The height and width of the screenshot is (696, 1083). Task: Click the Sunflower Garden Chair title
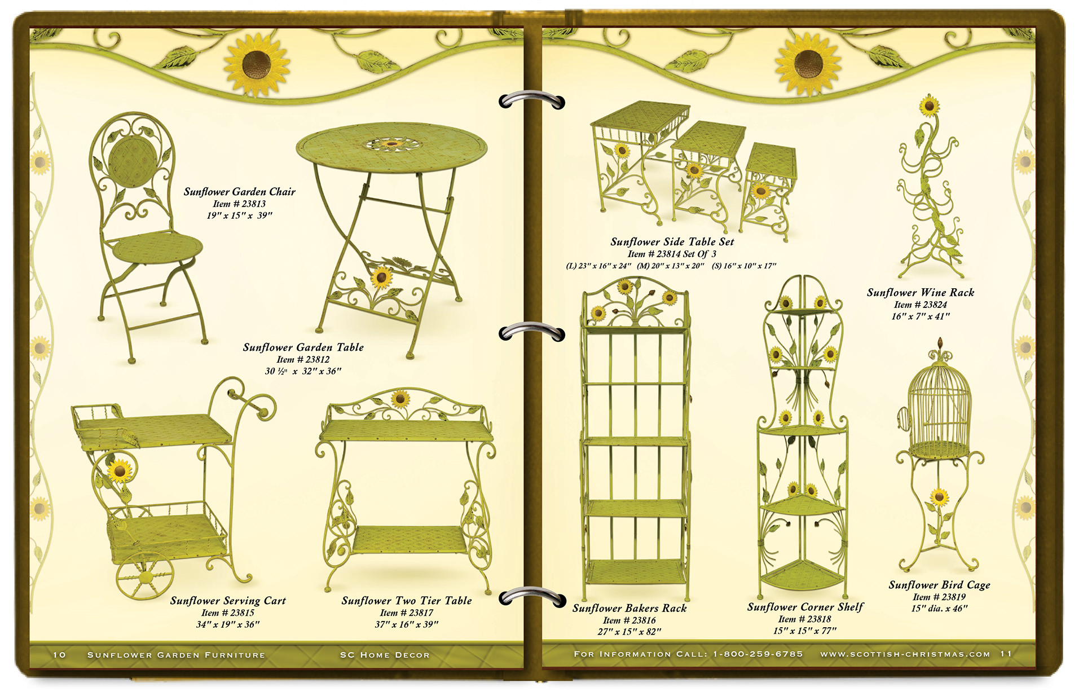(239, 192)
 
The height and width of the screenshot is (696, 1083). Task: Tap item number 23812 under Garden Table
(303, 359)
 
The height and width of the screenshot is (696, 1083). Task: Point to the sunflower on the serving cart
(119, 470)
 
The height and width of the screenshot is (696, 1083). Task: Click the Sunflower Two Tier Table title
(406, 601)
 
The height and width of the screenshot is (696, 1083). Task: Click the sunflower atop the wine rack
(928, 105)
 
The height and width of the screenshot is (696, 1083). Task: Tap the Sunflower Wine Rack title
(920, 292)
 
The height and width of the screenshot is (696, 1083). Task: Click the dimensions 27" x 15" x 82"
(629, 632)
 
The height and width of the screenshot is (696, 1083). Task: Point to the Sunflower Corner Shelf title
(805, 607)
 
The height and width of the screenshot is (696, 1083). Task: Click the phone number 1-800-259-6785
(758, 654)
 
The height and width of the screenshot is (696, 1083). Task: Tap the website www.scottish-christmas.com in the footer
(905, 654)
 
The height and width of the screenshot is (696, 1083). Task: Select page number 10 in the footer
(59, 655)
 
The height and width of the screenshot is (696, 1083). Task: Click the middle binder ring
(532, 333)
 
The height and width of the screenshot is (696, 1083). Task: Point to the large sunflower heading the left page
(257, 65)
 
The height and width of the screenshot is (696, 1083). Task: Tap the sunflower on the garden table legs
(381, 277)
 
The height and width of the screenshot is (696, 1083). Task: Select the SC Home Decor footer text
(385, 655)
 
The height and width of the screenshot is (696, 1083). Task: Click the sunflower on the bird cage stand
(939, 497)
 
